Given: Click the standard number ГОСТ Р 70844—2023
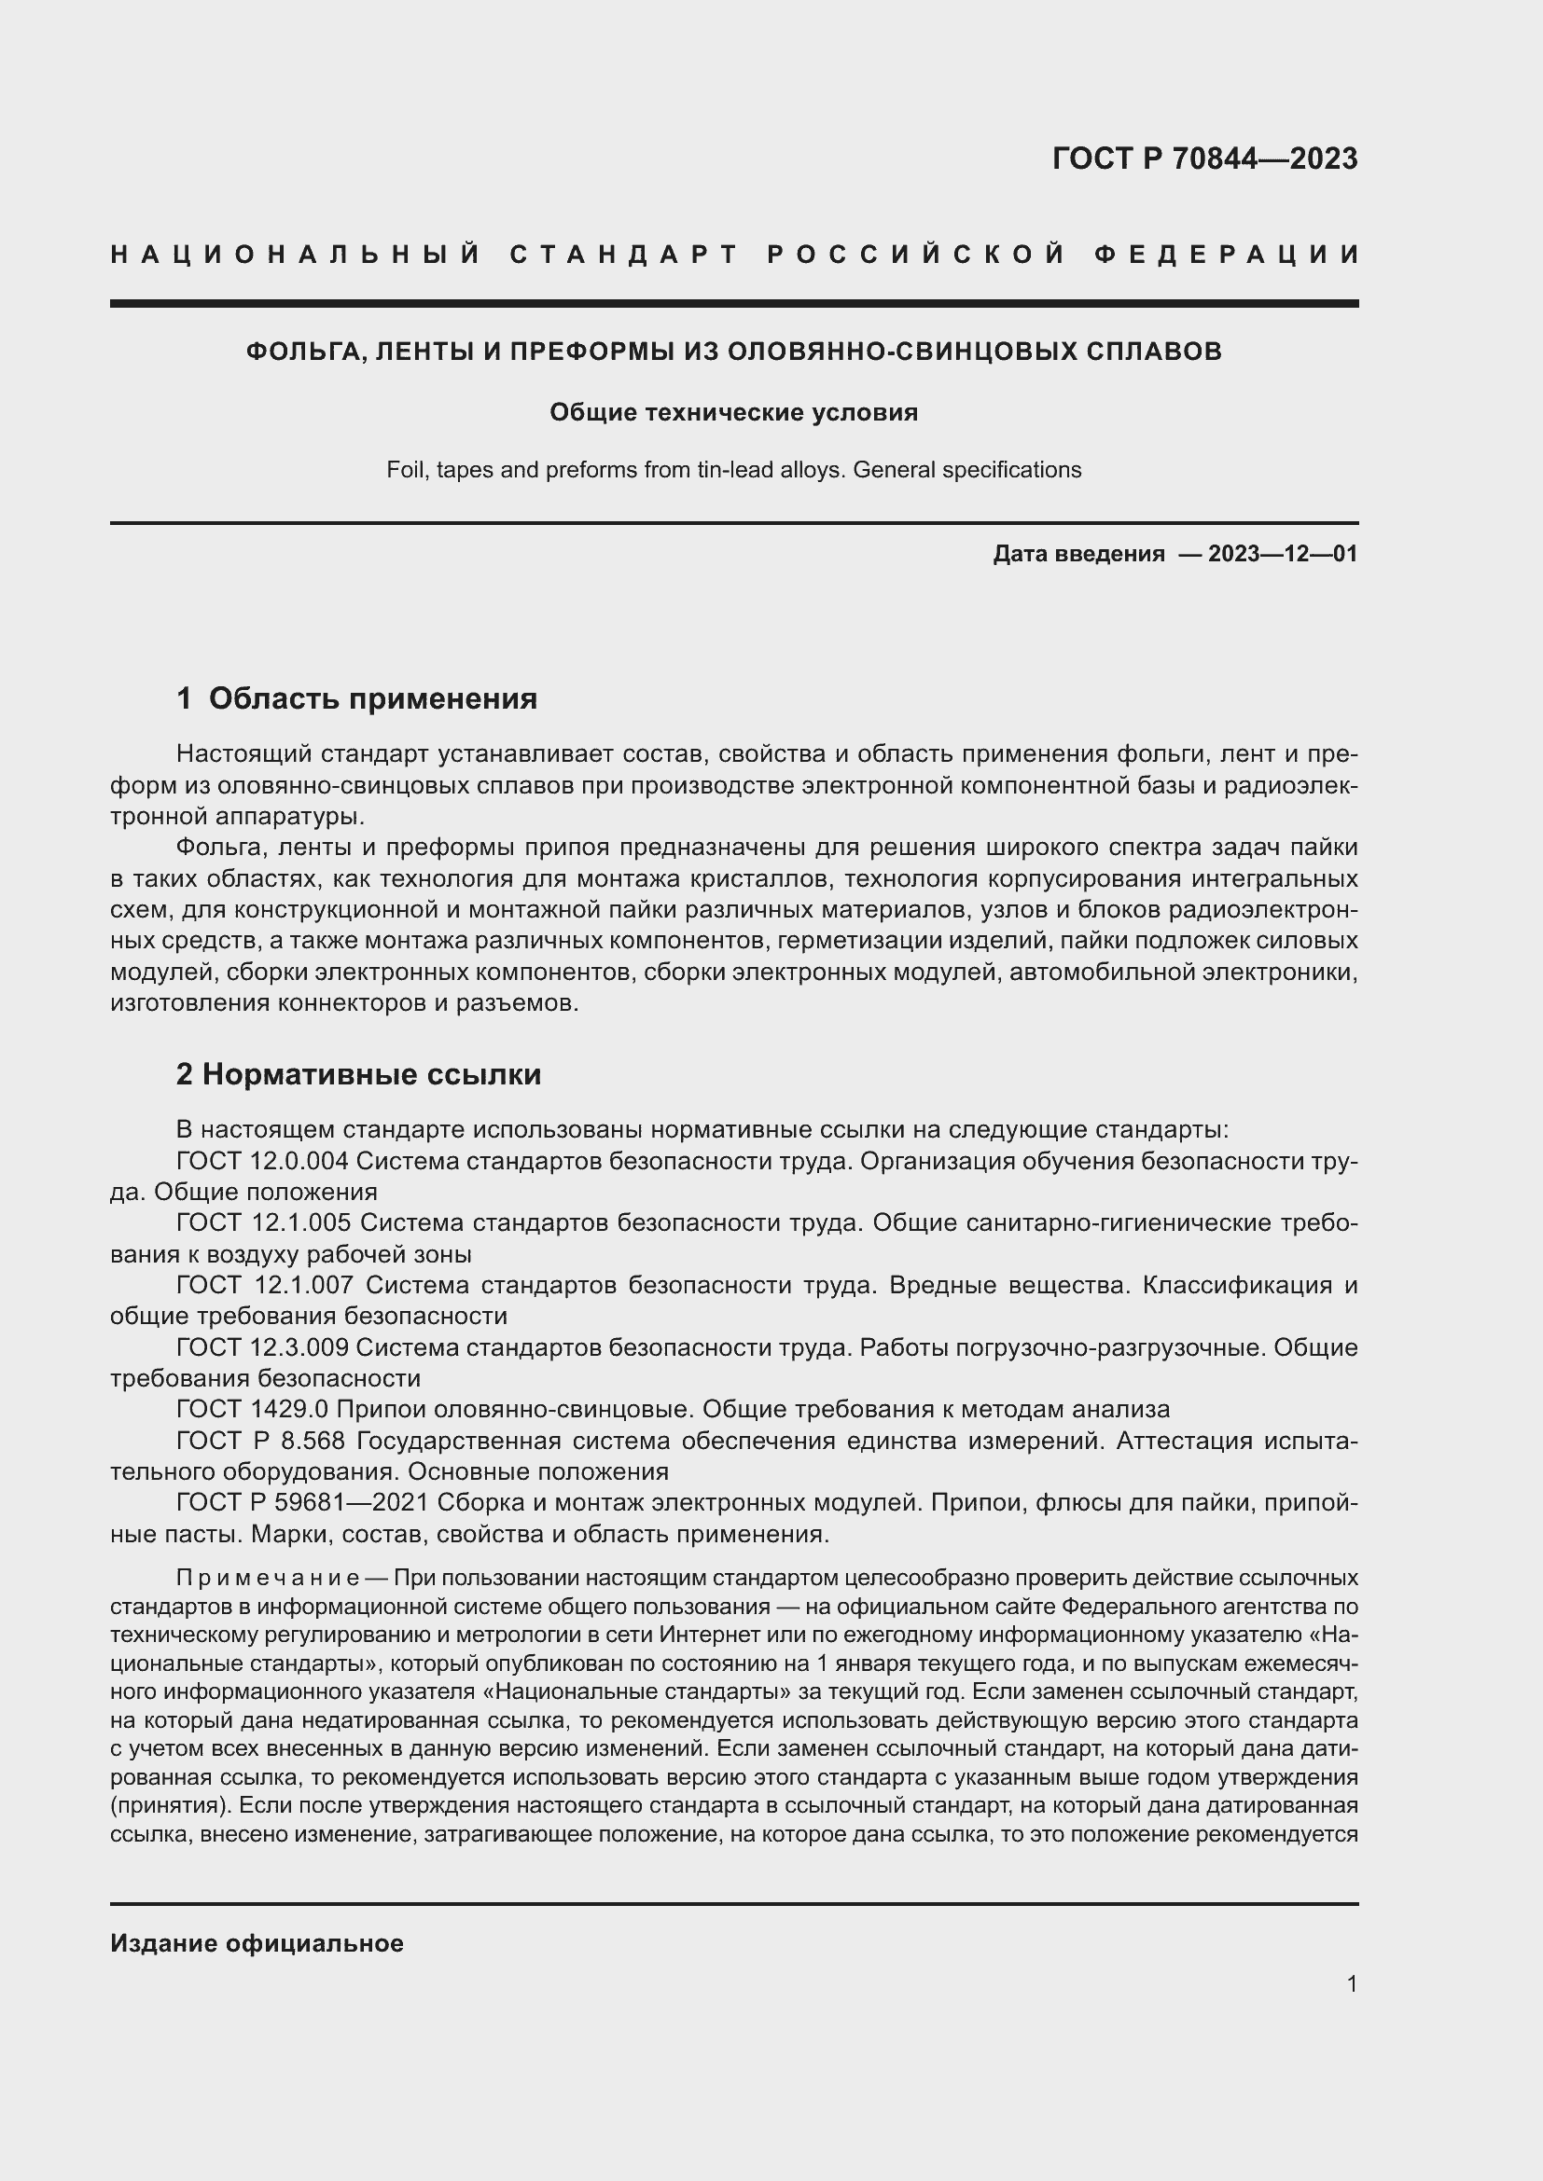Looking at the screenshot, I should pos(1203,159).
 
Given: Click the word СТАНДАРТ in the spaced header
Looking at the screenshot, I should pos(624,255).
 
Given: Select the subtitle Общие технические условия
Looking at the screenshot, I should pos(733,412).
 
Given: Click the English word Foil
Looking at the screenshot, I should pos(406,470).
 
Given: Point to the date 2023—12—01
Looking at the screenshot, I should pos(1282,554).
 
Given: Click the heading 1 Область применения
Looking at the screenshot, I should pos(356,699).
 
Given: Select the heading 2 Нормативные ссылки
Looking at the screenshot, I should pos(358,1074).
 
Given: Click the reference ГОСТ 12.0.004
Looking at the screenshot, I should pos(263,1161).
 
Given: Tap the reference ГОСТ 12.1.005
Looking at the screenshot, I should pos(263,1222).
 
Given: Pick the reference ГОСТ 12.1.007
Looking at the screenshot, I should pos(264,1285).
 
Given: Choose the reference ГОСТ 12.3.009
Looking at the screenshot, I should pos(263,1347).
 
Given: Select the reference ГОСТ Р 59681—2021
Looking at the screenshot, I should pos(292,1503).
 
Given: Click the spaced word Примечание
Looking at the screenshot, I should pos(267,1578).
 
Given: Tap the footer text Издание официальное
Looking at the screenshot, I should pos(257,1943).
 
